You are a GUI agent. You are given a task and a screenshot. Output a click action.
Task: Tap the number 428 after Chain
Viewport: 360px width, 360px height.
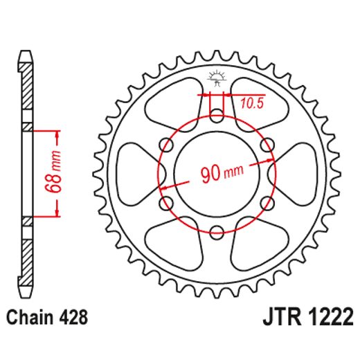(73, 319)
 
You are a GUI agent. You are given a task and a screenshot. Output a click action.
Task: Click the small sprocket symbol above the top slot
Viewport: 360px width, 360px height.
(217, 79)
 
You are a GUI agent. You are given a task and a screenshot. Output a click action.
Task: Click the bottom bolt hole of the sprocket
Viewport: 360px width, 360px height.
(217, 231)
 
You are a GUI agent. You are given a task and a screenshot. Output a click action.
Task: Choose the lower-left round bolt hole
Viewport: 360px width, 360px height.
(166, 202)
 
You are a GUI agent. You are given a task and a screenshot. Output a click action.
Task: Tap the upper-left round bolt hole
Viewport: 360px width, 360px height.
(166, 144)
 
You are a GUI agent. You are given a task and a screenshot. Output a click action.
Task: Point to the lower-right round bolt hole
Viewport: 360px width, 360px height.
(267, 202)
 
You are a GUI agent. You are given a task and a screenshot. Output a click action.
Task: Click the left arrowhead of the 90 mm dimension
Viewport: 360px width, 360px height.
(163, 187)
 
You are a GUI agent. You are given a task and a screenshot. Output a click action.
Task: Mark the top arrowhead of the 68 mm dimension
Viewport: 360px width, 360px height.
(57, 132)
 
